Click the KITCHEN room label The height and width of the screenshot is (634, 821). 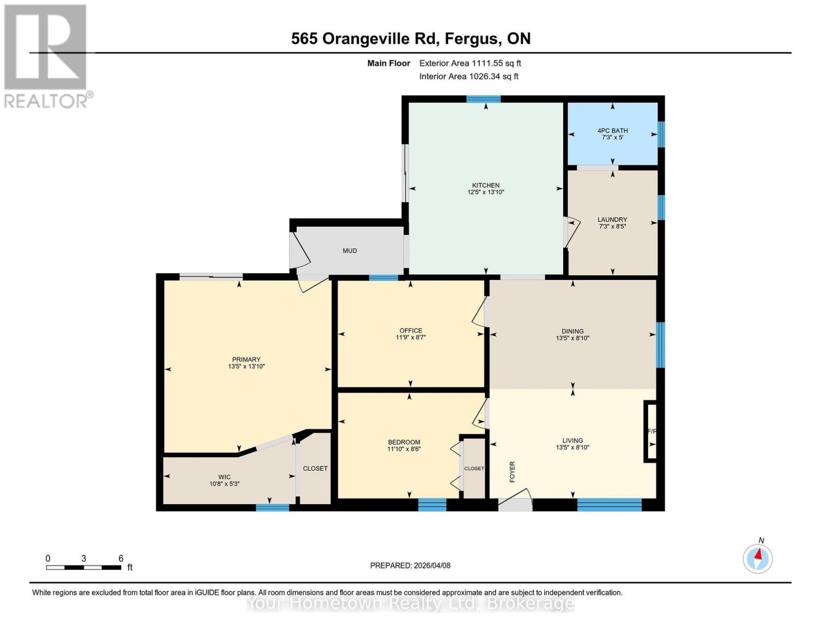(x=485, y=185)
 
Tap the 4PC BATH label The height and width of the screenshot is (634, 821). (x=612, y=130)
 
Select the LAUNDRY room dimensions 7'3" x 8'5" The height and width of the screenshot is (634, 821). (x=612, y=227)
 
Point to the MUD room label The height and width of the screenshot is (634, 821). (x=350, y=250)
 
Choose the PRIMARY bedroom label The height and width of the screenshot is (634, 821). (x=246, y=359)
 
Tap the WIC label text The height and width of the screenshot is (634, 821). (x=225, y=477)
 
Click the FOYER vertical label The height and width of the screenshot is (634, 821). (x=512, y=472)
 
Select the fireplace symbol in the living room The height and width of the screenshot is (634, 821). (x=650, y=432)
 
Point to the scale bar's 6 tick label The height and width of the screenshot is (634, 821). (x=121, y=558)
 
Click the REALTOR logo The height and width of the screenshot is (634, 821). (x=45, y=55)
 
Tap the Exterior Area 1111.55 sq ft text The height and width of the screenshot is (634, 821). (x=470, y=63)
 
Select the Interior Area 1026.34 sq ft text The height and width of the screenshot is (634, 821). (x=469, y=77)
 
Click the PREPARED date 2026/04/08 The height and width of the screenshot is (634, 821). (x=410, y=565)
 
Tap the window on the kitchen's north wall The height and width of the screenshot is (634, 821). (x=483, y=99)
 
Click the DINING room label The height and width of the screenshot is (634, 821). (x=572, y=331)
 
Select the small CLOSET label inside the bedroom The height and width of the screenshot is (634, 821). (x=474, y=469)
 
